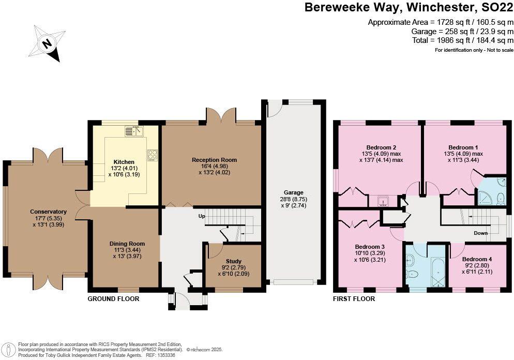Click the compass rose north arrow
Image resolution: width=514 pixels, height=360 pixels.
tap(47, 44)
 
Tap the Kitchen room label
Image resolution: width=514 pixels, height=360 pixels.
tap(124, 162)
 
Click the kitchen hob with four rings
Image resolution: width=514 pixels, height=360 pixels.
tap(153, 154)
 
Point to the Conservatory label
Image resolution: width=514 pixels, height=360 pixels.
tap(48, 212)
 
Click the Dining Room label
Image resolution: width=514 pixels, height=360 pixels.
tap(127, 244)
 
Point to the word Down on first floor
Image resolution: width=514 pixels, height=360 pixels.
tap(480, 233)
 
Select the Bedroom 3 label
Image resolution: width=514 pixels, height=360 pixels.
tap(370, 246)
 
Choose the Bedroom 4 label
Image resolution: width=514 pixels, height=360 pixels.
tap(477, 259)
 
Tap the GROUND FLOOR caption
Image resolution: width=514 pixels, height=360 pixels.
tap(113, 299)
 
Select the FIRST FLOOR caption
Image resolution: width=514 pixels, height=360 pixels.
tap(354, 299)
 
